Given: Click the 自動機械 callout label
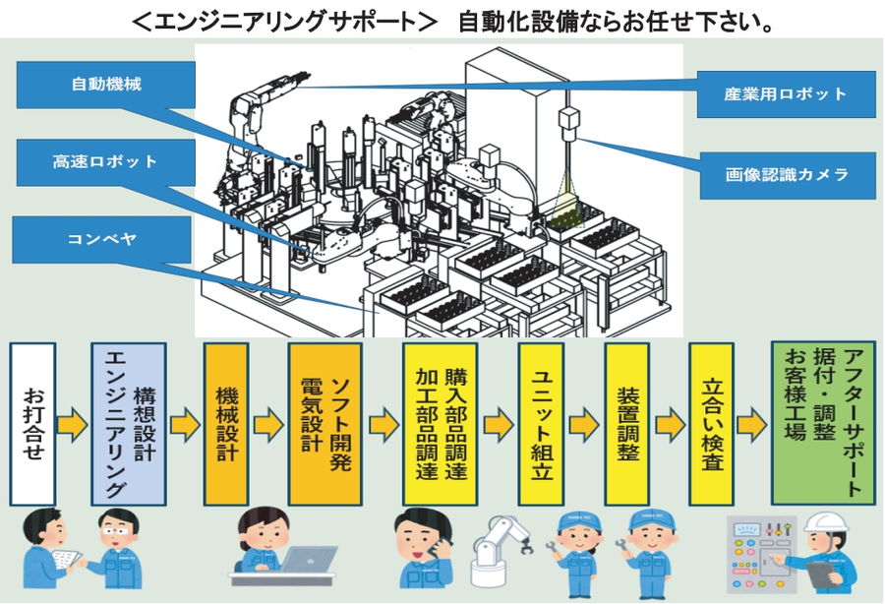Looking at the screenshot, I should pyautogui.click(x=105, y=85).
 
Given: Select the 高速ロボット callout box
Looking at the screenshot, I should pyautogui.click(x=105, y=161).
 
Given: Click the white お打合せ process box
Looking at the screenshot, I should pyautogui.click(x=32, y=423).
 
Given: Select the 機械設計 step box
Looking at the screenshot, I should pyautogui.click(x=226, y=423).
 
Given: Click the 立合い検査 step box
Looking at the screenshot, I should pyautogui.click(x=712, y=423).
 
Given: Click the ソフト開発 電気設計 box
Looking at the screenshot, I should pyautogui.click(x=324, y=423).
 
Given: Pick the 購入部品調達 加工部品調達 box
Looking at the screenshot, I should pyautogui.click(x=442, y=423).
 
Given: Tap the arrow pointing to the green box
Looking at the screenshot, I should pyautogui.click(x=752, y=425).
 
